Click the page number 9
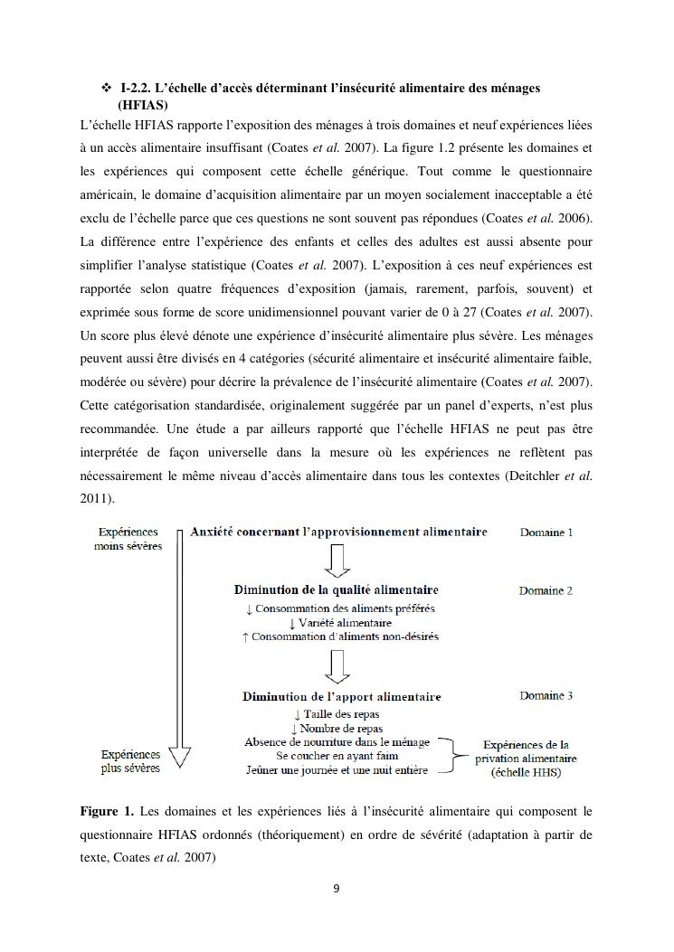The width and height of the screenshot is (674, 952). point(337,888)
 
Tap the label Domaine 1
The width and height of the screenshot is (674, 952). point(546,533)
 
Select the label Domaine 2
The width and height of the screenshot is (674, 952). point(546,591)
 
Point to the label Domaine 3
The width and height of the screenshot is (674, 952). point(546,696)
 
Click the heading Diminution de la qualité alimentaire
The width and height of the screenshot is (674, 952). point(337,590)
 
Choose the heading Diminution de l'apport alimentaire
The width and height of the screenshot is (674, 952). point(341,697)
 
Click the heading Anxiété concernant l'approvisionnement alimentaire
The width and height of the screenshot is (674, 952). point(338,532)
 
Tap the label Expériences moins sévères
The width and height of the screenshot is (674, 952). point(128,540)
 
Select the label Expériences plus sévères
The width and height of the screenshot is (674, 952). point(130,761)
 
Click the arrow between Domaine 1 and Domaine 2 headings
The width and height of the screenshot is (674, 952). point(337,562)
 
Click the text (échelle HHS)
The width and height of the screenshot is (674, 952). point(526,773)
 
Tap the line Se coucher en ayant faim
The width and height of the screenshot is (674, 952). point(337,756)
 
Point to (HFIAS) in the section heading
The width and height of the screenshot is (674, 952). point(143,105)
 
